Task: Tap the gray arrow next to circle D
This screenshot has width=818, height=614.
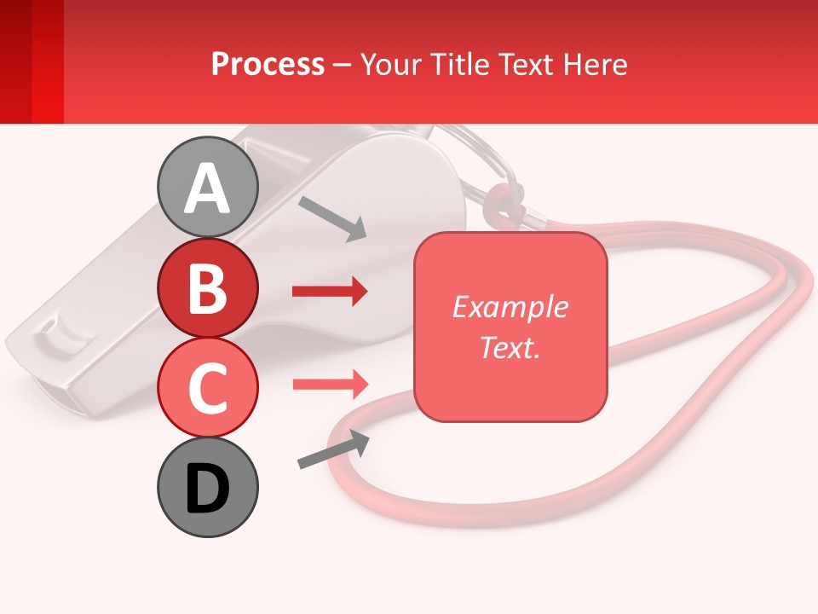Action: pyautogui.click(x=333, y=449)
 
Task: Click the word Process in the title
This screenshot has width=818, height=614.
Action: pyautogui.click(x=268, y=64)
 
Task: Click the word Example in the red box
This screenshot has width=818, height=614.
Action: pyautogui.click(x=510, y=307)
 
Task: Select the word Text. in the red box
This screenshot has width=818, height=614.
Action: pyautogui.click(x=510, y=347)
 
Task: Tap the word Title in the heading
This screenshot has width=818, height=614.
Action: pyautogui.click(x=458, y=64)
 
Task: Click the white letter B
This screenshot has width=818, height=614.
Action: pyautogui.click(x=207, y=288)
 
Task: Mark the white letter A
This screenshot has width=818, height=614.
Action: pyautogui.click(x=207, y=188)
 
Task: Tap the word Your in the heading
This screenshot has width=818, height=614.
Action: pyautogui.click(x=389, y=64)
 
